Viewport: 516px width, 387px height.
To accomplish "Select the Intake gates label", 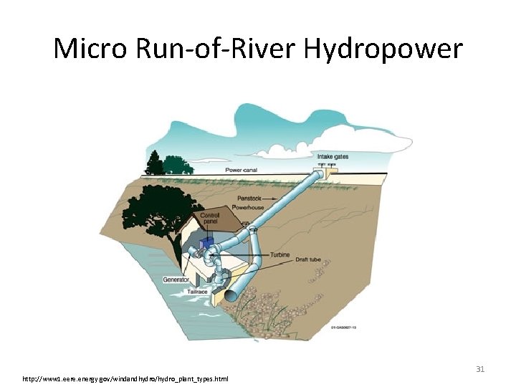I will point(333,156).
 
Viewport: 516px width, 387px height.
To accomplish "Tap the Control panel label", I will point(210,218).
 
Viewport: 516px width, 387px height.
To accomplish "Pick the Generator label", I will point(176,279).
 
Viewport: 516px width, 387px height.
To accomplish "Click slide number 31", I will point(481,369).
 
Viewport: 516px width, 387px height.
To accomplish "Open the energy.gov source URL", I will point(125,378).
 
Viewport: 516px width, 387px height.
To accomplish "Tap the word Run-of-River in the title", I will point(210,49).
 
